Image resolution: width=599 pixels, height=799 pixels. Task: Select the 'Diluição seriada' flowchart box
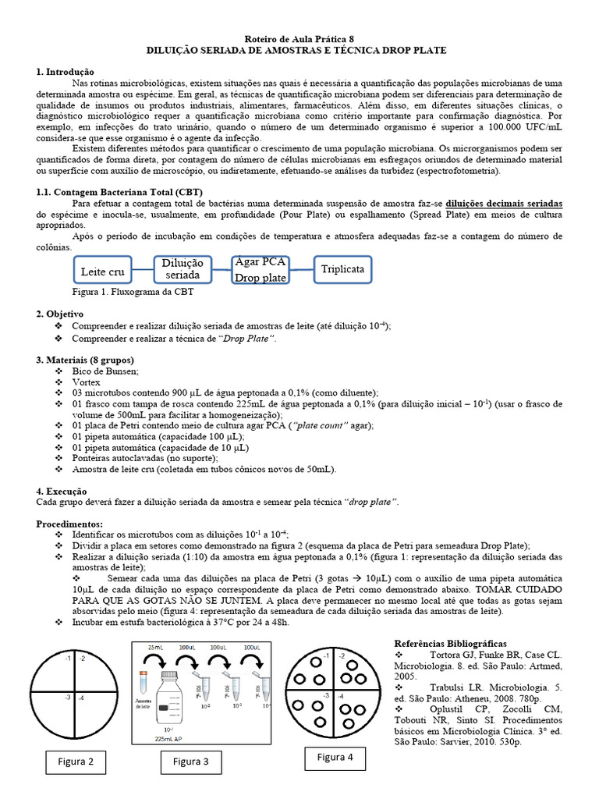pyautogui.click(x=183, y=269)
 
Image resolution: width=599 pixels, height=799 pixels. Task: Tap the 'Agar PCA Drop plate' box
pyautogui.click(x=261, y=270)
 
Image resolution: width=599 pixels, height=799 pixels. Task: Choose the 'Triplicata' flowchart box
pyautogui.click(x=342, y=269)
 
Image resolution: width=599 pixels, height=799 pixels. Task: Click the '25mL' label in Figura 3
pyautogui.click(x=155, y=648)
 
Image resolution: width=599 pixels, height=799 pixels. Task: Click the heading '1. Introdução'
pyautogui.click(x=65, y=71)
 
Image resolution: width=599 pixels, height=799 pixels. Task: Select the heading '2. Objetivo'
pyautogui.click(x=60, y=313)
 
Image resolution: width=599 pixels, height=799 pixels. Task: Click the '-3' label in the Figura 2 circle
pyautogui.click(x=68, y=697)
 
